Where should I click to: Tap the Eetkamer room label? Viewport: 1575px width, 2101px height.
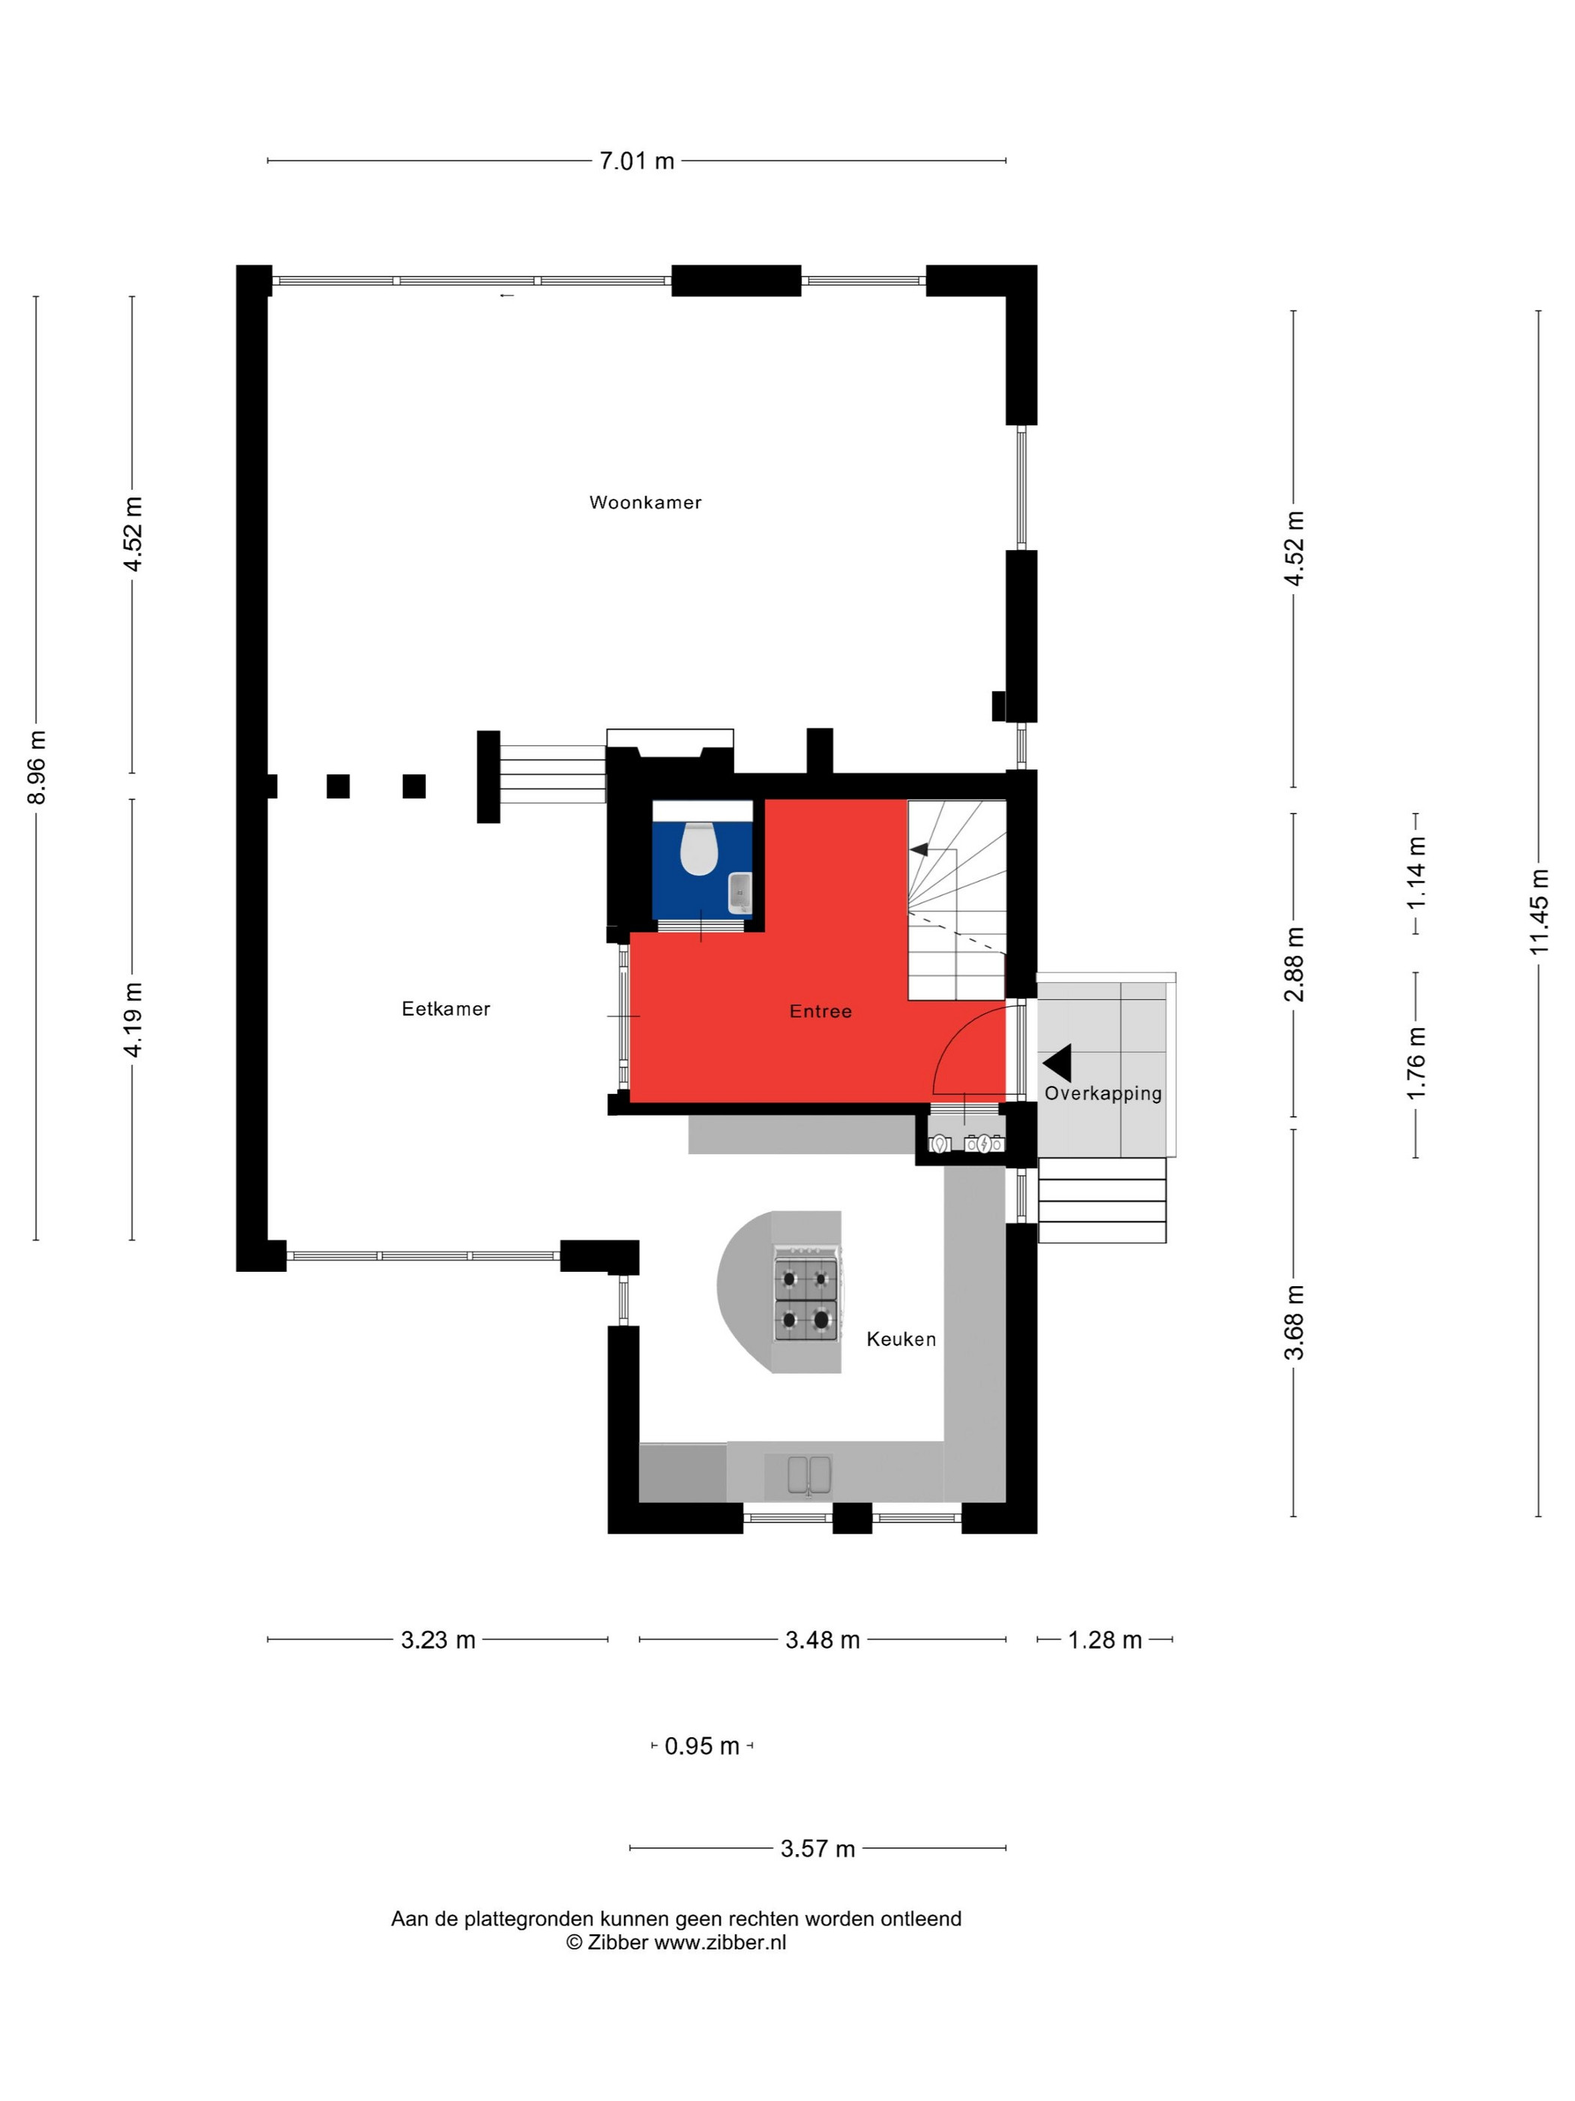(x=445, y=1008)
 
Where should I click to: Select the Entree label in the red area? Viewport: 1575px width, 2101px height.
(x=820, y=1011)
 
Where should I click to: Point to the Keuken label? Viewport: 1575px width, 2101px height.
(x=901, y=1339)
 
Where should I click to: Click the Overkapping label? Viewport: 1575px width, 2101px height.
(x=1103, y=1093)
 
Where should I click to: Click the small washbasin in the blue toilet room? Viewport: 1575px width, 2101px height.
(x=739, y=893)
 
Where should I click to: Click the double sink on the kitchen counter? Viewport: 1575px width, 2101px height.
(x=808, y=1474)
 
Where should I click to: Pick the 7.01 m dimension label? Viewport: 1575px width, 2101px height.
(x=636, y=161)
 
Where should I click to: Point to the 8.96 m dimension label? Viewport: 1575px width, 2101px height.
(x=36, y=768)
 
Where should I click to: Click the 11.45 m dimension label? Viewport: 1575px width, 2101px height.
(x=1538, y=912)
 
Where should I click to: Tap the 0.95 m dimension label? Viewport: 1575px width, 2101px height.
(x=701, y=1746)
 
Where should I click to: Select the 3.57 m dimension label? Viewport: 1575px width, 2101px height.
(x=817, y=1848)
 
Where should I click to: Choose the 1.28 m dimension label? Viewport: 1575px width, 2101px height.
(x=1104, y=1640)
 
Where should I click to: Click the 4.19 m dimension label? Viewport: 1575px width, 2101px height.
(x=132, y=1019)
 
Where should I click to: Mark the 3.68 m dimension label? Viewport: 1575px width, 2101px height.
(x=1293, y=1322)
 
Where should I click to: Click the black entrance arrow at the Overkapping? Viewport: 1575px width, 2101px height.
(x=1057, y=1064)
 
